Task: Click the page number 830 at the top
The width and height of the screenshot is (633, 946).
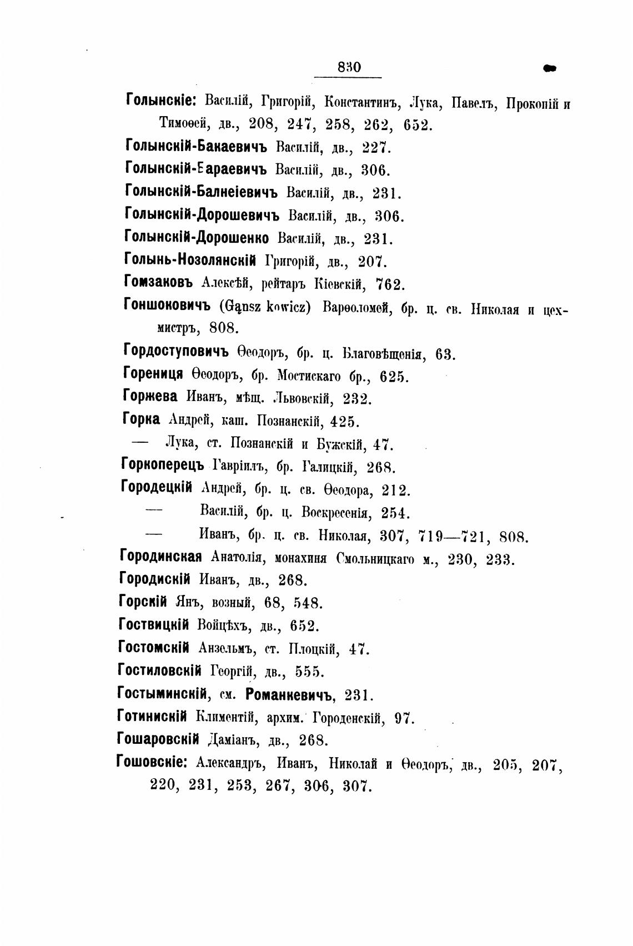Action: [349, 67]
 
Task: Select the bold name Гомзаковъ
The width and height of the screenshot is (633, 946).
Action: [158, 282]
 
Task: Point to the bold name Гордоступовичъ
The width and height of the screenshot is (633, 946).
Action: [176, 352]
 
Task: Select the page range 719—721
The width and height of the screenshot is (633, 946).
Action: [452, 537]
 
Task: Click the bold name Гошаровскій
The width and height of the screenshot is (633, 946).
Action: [158, 739]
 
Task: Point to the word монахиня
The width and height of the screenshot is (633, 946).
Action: [303, 558]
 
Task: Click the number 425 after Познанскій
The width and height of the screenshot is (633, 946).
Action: [345, 422]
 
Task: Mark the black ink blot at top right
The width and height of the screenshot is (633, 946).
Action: [550, 68]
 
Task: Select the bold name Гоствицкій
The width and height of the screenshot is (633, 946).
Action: [154, 625]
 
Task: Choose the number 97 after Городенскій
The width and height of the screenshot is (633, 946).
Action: [404, 718]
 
